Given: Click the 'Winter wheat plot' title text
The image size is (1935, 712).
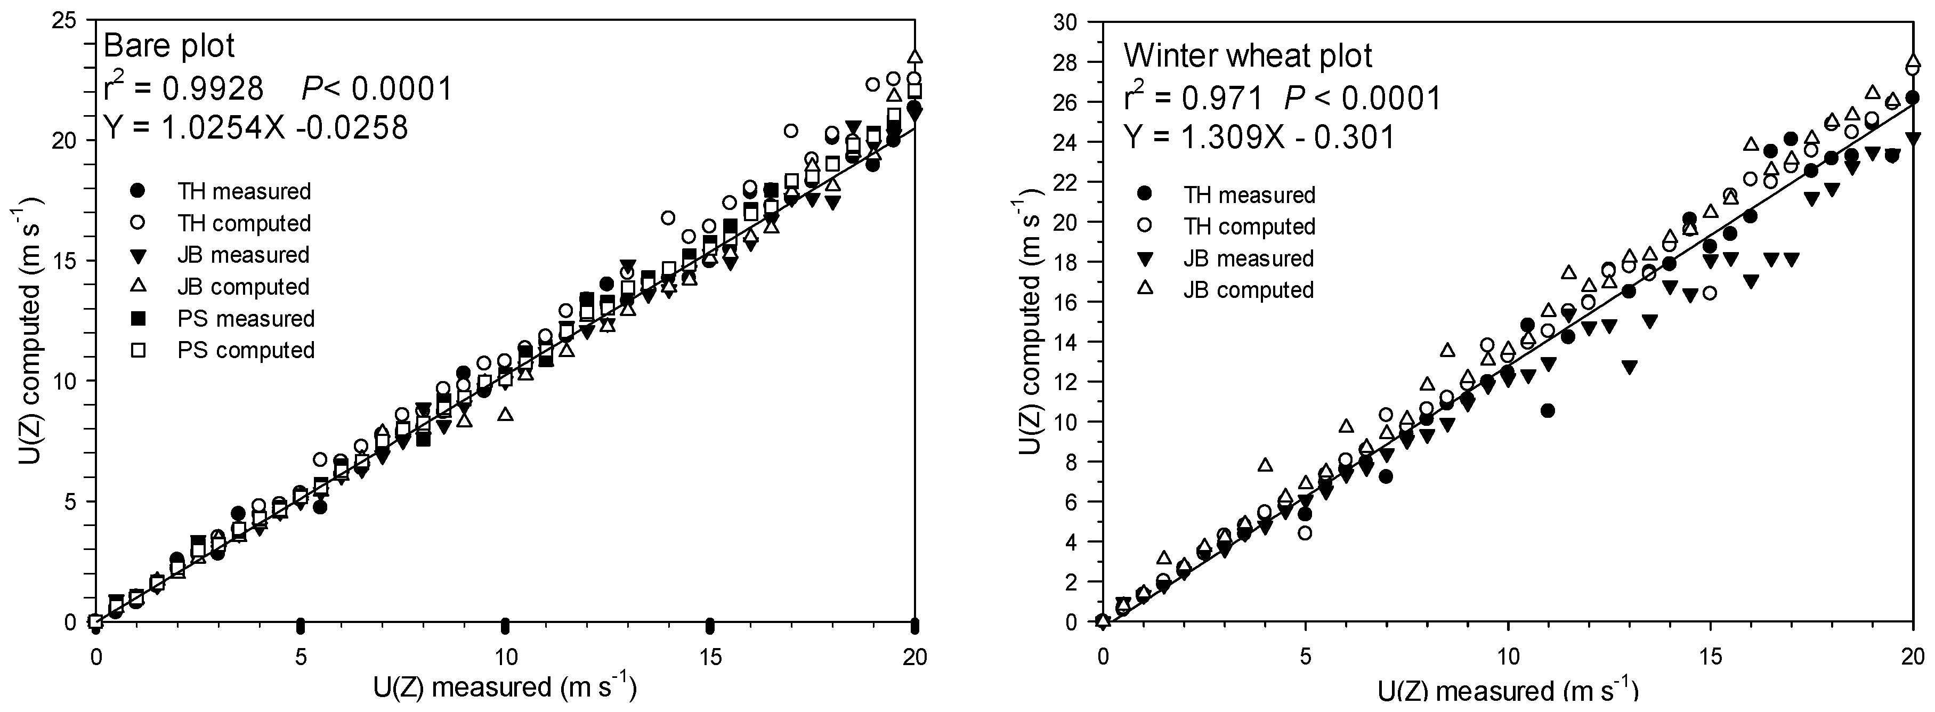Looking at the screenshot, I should tap(1248, 55).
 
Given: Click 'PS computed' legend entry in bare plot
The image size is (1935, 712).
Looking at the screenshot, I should tap(245, 351).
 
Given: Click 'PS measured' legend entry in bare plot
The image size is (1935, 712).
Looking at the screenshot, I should tap(245, 319).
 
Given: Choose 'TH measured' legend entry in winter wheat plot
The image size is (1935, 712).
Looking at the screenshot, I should tap(1249, 195).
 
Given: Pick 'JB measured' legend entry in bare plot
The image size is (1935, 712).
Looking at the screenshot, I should tap(244, 255).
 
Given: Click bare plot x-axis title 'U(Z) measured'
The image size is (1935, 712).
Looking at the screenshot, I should tap(504, 687).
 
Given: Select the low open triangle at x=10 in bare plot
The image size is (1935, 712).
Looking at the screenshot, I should tap(506, 414).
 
